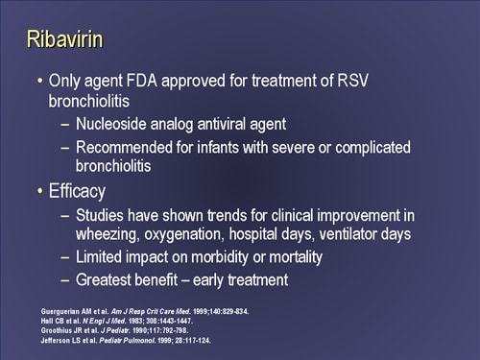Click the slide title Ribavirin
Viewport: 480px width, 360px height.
[x=63, y=40]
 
